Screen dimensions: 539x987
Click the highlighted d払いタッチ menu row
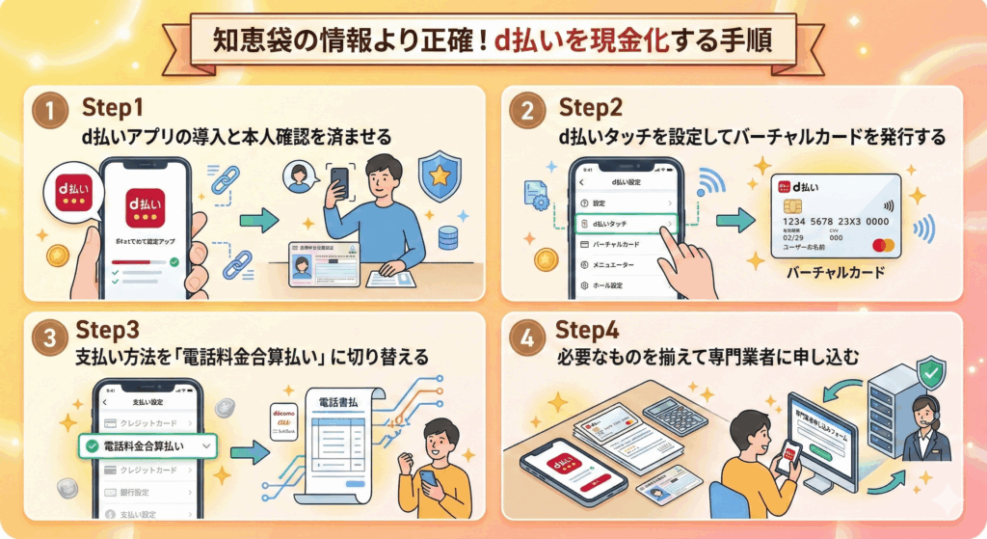tap(627, 224)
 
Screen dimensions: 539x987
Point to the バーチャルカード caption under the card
tap(836, 273)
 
